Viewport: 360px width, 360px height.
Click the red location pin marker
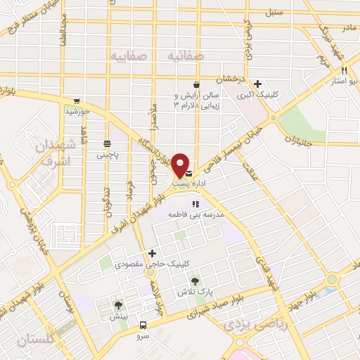pos(181,164)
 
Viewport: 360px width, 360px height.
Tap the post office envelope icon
pos(188,172)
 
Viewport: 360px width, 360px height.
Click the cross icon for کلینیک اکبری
pos(258,84)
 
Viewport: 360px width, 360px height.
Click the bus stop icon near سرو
pos(143,325)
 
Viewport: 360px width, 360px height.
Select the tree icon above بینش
pos(118,305)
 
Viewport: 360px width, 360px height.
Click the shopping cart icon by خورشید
pos(76,101)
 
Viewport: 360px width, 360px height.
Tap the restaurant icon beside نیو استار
pos(344,70)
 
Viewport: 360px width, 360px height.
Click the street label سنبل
pos(273,13)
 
